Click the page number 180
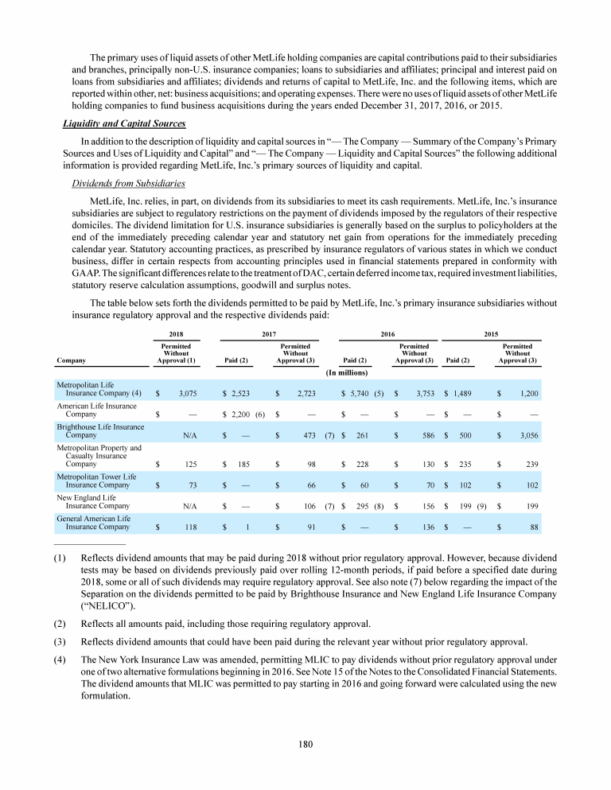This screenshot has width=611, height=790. [305, 744]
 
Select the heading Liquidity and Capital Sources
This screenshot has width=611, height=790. [124, 123]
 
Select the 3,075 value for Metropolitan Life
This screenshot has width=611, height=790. [188, 393]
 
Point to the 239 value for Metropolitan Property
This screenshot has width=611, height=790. [531, 463]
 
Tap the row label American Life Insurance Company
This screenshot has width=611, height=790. [96, 410]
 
